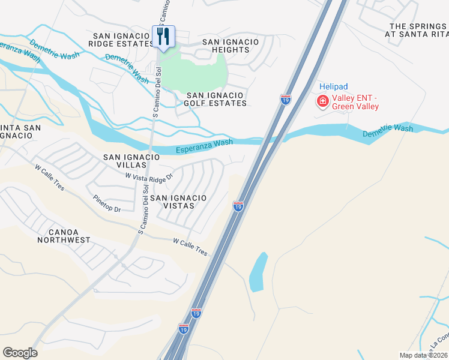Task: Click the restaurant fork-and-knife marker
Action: (163, 37)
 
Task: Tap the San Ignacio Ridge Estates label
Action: (122, 40)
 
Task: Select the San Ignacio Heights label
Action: (231, 46)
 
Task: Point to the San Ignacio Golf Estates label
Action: (216, 99)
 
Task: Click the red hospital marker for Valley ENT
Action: (323, 101)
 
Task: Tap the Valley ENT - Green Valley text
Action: (357, 102)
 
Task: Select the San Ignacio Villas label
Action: (131, 161)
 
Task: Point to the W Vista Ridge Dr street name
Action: (149, 176)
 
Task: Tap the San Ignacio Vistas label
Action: (178, 201)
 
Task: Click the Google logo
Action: (20, 353)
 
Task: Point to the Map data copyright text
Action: (424, 355)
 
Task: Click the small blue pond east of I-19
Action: (258, 271)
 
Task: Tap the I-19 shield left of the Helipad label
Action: (286, 100)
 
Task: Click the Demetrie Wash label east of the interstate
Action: (388, 131)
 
